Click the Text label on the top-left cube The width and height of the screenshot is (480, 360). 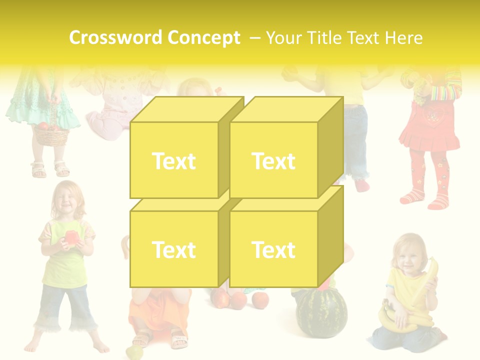173,161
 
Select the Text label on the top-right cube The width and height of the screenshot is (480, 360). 273,161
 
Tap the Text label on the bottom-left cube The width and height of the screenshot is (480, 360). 173,249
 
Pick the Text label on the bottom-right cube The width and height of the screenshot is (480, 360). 273,249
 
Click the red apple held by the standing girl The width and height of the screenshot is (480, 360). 70,237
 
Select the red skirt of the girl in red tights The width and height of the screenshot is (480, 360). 429,131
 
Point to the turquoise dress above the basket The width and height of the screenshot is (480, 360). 42,100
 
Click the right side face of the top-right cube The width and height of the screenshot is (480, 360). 330,145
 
